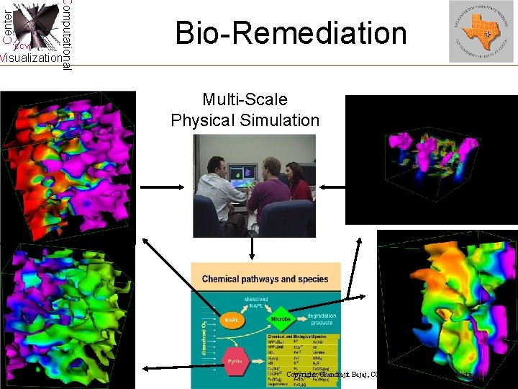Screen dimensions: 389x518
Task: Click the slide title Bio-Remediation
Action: click(291, 33)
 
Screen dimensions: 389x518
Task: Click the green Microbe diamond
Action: click(281, 318)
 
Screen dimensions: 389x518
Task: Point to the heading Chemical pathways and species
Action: click(265, 279)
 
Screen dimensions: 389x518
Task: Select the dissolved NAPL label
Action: click(255, 303)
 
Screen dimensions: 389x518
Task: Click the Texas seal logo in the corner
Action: click(481, 31)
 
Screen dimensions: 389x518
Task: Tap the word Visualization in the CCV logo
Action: click(30, 58)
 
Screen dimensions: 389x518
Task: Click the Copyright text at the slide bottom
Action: click(338, 375)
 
